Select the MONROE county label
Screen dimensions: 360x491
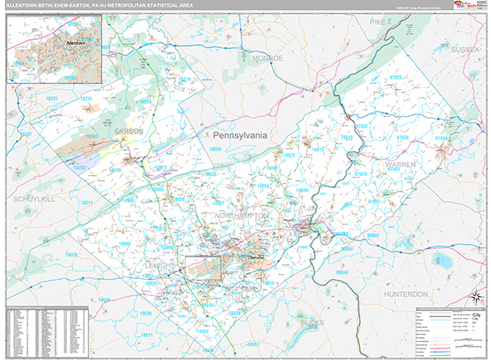[267, 59]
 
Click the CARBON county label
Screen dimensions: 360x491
[128, 131]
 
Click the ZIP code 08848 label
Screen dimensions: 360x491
[341, 271]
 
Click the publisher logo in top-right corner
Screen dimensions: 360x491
[470, 7]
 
